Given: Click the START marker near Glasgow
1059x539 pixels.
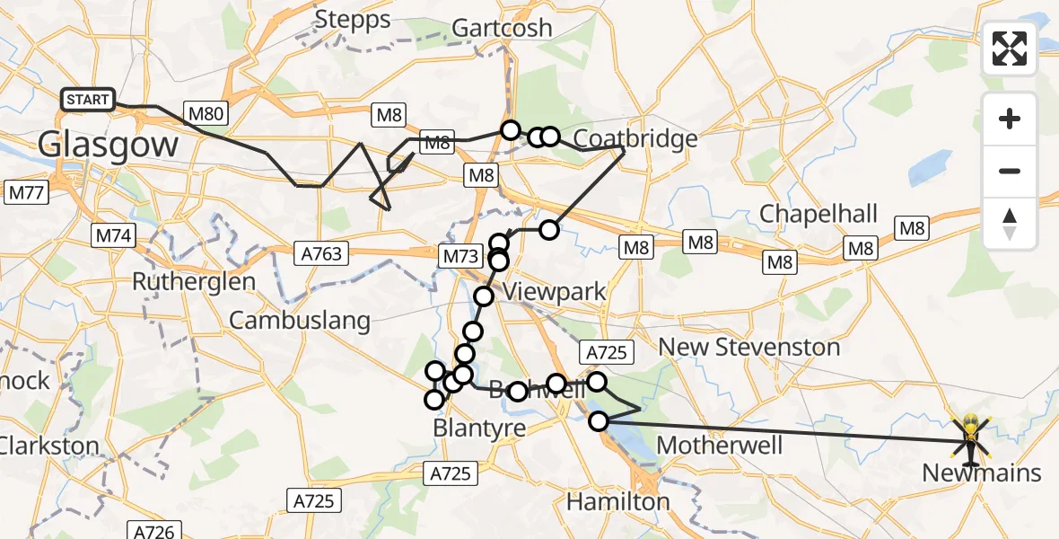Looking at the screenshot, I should click(x=87, y=100).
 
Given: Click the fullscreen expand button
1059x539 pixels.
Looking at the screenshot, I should click(x=1010, y=49).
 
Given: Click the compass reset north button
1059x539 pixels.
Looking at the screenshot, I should click(x=1010, y=224).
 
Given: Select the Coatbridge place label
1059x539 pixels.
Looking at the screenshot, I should click(x=635, y=138).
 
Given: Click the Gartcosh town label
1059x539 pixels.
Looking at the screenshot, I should click(x=502, y=28).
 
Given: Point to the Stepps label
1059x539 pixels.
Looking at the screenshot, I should click(x=353, y=20).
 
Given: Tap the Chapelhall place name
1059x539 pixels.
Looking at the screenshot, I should click(x=818, y=214).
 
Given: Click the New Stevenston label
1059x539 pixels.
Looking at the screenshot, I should click(x=749, y=346).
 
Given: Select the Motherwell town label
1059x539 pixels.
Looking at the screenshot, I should click(x=720, y=445).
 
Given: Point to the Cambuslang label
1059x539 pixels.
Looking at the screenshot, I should click(x=300, y=320).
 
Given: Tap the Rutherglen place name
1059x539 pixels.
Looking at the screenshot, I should click(x=194, y=281).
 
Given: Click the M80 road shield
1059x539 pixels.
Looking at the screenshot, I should click(x=207, y=113).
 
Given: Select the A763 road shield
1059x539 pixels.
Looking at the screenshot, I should click(x=320, y=254).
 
